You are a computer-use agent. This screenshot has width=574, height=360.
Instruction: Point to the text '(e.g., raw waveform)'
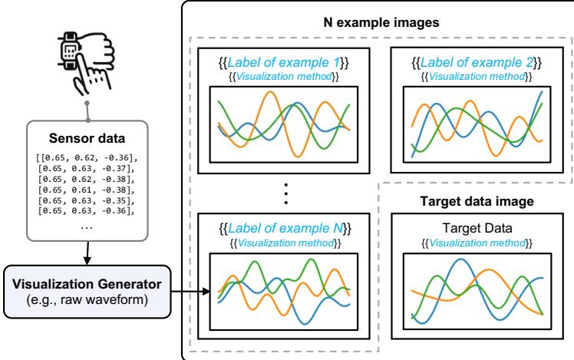point(80,296)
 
